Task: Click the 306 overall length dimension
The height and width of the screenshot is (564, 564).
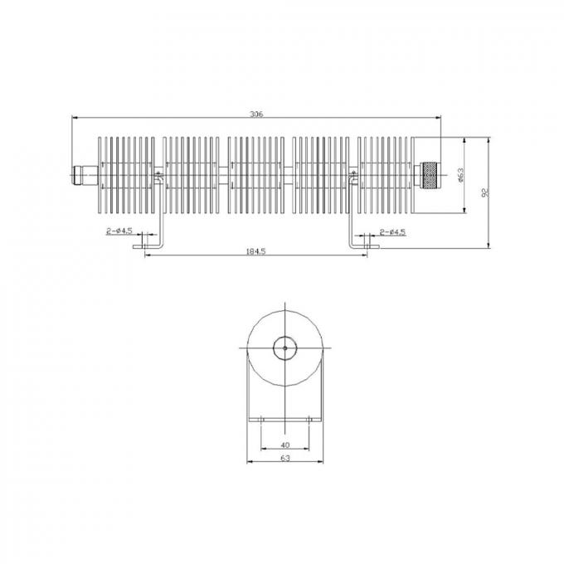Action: click(256, 114)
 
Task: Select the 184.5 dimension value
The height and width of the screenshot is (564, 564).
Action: click(256, 251)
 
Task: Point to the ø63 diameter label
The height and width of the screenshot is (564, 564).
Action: click(459, 175)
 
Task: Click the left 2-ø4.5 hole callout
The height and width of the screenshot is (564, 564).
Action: click(120, 231)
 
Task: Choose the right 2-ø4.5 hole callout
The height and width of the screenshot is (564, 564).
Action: click(391, 231)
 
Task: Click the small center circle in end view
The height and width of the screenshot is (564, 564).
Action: click(284, 349)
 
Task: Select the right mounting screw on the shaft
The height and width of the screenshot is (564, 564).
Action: click(355, 175)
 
